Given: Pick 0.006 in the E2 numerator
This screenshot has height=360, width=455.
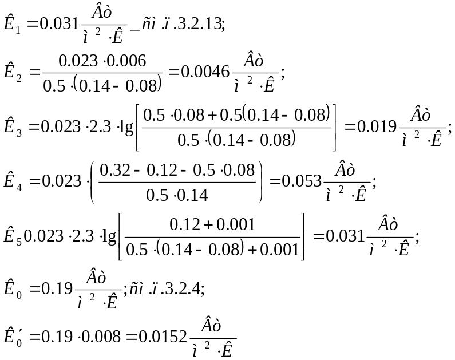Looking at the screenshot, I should click(x=126, y=61).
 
